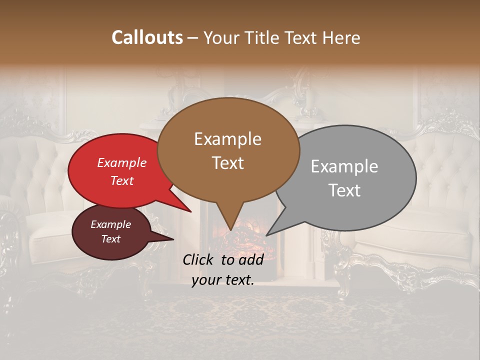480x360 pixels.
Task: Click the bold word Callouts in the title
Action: coord(147,37)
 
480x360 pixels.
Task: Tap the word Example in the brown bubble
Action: coord(227,139)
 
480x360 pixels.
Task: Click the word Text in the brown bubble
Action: coord(227,163)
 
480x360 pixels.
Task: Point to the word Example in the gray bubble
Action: coord(344,166)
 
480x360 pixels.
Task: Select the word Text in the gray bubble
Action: coord(344,190)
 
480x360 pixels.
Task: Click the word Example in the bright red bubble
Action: coord(121,162)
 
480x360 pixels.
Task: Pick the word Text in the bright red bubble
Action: coord(121,180)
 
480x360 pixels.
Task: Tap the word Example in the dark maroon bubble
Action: coord(110,224)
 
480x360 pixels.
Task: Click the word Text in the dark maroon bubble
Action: coord(110,239)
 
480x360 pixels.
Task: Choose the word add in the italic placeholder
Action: coord(251,259)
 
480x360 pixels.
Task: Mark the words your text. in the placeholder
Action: coord(222,280)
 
